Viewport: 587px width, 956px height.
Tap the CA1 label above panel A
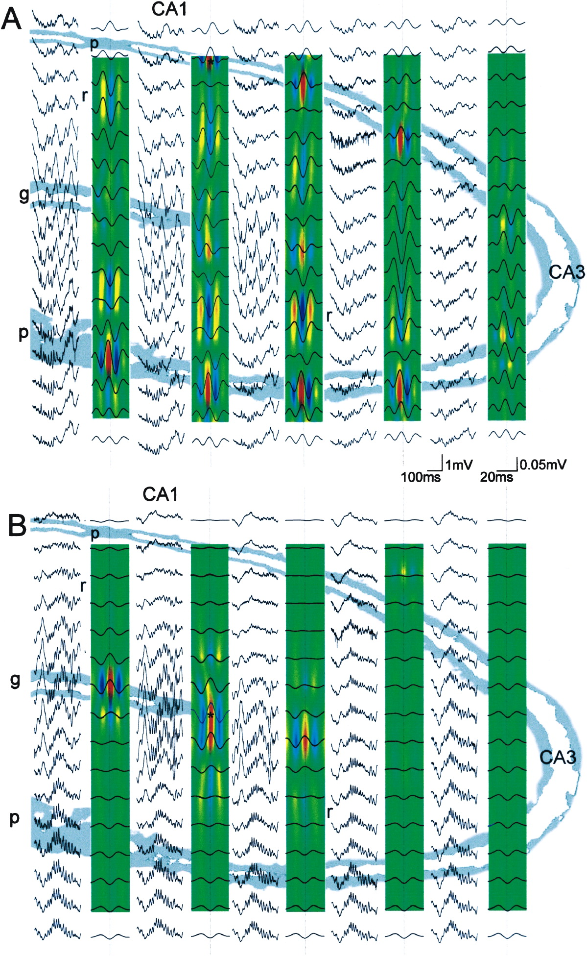pyautogui.click(x=169, y=9)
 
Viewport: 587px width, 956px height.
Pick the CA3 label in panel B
pyautogui.click(x=558, y=757)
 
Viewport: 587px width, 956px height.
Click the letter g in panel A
pyautogui.click(x=23, y=195)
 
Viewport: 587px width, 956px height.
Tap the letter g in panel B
pyautogui.click(x=15, y=680)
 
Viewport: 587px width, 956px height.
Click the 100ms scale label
pyautogui.click(x=421, y=476)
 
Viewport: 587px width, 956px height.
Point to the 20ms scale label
pyautogui.click(x=496, y=476)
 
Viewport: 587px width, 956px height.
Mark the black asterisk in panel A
pyautogui.click(x=210, y=62)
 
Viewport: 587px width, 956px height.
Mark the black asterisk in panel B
pyautogui.click(x=211, y=716)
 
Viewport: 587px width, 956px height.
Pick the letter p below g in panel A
pyautogui.click(x=23, y=333)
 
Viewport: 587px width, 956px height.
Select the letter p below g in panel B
pyautogui.click(x=15, y=818)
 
